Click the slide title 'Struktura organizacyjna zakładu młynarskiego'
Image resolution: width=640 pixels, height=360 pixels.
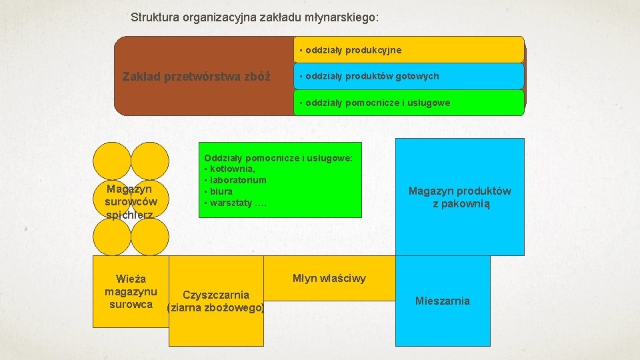pyautogui.click(x=255, y=17)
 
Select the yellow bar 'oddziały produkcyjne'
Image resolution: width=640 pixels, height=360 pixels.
pyautogui.click(x=409, y=50)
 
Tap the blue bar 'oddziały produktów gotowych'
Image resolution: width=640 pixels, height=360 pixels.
pyautogui.click(x=409, y=76)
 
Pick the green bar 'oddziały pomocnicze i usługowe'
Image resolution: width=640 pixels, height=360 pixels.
pyautogui.click(x=409, y=103)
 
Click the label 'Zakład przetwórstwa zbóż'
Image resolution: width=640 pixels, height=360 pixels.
pyautogui.click(x=197, y=76)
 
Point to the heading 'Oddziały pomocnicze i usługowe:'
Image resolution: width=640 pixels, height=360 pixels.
pyautogui.click(x=278, y=158)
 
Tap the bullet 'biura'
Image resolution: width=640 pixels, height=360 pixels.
pyautogui.click(x=220, y=191)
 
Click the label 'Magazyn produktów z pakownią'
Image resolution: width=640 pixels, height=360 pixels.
pyautogui.click(x=460, y=197)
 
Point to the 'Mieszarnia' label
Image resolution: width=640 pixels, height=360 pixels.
pyautogui.click(x=443, y=301)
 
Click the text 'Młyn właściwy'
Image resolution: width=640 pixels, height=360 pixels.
pyautogui.click(x=329, y=278)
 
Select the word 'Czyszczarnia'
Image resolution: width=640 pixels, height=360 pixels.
pyautogui.click(x=216, y=295)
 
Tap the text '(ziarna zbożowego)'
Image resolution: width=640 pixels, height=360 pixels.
pyautogui.click(x=216, y=307)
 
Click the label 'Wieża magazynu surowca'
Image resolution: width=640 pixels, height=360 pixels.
pyautogui.click(x=131, y=291)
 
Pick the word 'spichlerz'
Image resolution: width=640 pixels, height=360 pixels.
pyautogui.click(x=130, y=215)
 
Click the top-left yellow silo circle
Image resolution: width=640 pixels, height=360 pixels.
pyautogui.click(x=111, y=162)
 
